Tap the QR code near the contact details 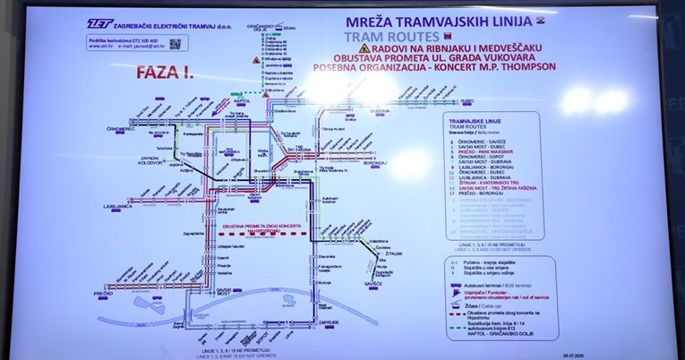click(175, 42)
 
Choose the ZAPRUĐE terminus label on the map click(330, 320)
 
